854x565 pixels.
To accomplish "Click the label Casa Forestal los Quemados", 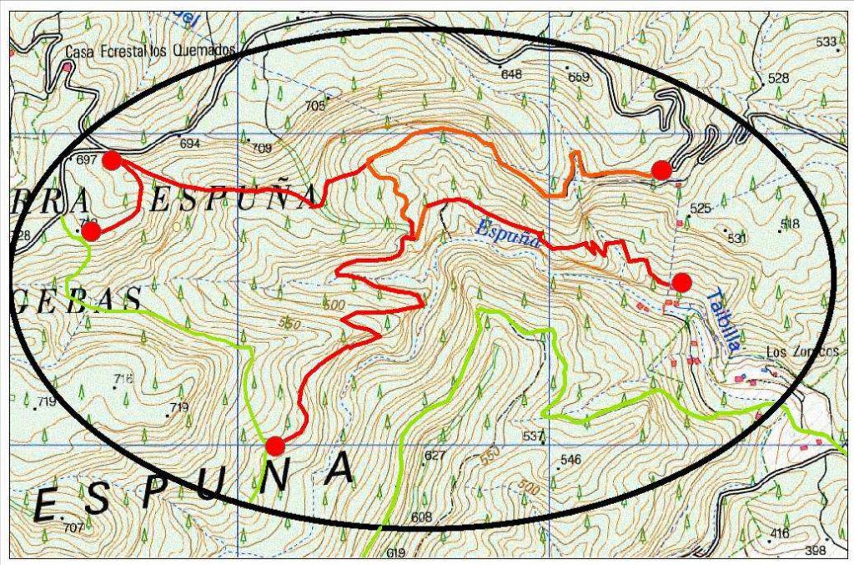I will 153,51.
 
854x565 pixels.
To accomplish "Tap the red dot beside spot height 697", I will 112,160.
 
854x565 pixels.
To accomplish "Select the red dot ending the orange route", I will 661,170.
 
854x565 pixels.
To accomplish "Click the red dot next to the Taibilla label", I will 681,283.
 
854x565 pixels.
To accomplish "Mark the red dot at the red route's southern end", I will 274,445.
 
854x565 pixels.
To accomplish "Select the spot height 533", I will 826,42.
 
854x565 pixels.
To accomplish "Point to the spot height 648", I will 510,74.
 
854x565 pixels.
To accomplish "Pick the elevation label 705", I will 314,106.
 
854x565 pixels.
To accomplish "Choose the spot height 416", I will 780,532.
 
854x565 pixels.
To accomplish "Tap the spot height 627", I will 435,456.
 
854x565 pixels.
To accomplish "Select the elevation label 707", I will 73,527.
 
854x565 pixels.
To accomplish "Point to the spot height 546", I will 570,460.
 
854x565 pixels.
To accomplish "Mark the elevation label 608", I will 422,517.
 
